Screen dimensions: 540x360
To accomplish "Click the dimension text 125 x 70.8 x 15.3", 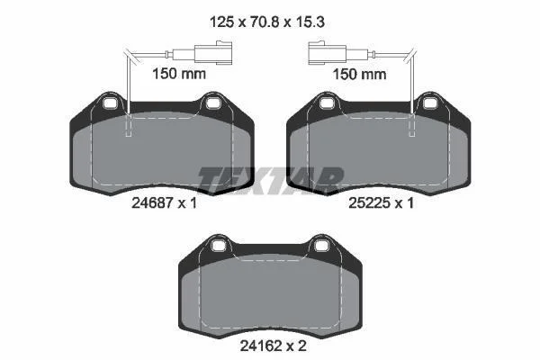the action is (x=267, y=22).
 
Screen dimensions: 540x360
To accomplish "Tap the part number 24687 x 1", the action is (x=165, y=202).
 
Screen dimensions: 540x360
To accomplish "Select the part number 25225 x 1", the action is (x=381, y=202).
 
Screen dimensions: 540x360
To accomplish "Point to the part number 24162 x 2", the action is (x=273, y=346).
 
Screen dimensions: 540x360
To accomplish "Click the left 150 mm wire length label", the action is (x=179, y=74).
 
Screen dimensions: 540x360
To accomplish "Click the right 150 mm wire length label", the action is (x=359, y=74).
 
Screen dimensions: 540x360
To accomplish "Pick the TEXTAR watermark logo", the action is (x=271, y=179).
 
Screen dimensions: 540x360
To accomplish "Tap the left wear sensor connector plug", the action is (x=213, y=53).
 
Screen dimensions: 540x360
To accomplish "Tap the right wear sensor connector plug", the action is (x=328, y=53).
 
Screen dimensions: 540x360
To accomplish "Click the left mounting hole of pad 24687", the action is (x=110, y=103).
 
